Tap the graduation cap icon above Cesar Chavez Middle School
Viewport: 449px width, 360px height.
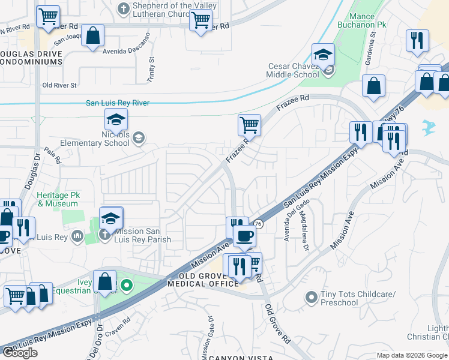click(323, 55)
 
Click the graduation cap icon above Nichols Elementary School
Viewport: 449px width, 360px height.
click(116, 119)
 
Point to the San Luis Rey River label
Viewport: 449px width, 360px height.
click(118, 103)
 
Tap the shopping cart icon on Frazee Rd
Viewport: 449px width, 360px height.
click(249, 125)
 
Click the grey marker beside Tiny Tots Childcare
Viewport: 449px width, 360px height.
click(311, 297)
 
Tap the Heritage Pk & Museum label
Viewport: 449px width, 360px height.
click(58, 200)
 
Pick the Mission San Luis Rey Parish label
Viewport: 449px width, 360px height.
click(142, 235)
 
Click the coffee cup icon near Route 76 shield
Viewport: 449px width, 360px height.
click(244, 236)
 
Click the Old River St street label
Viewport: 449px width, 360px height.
click(59, 85)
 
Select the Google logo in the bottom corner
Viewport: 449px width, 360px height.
click(20, 352)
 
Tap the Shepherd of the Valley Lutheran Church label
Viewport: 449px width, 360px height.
click(165, 10)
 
